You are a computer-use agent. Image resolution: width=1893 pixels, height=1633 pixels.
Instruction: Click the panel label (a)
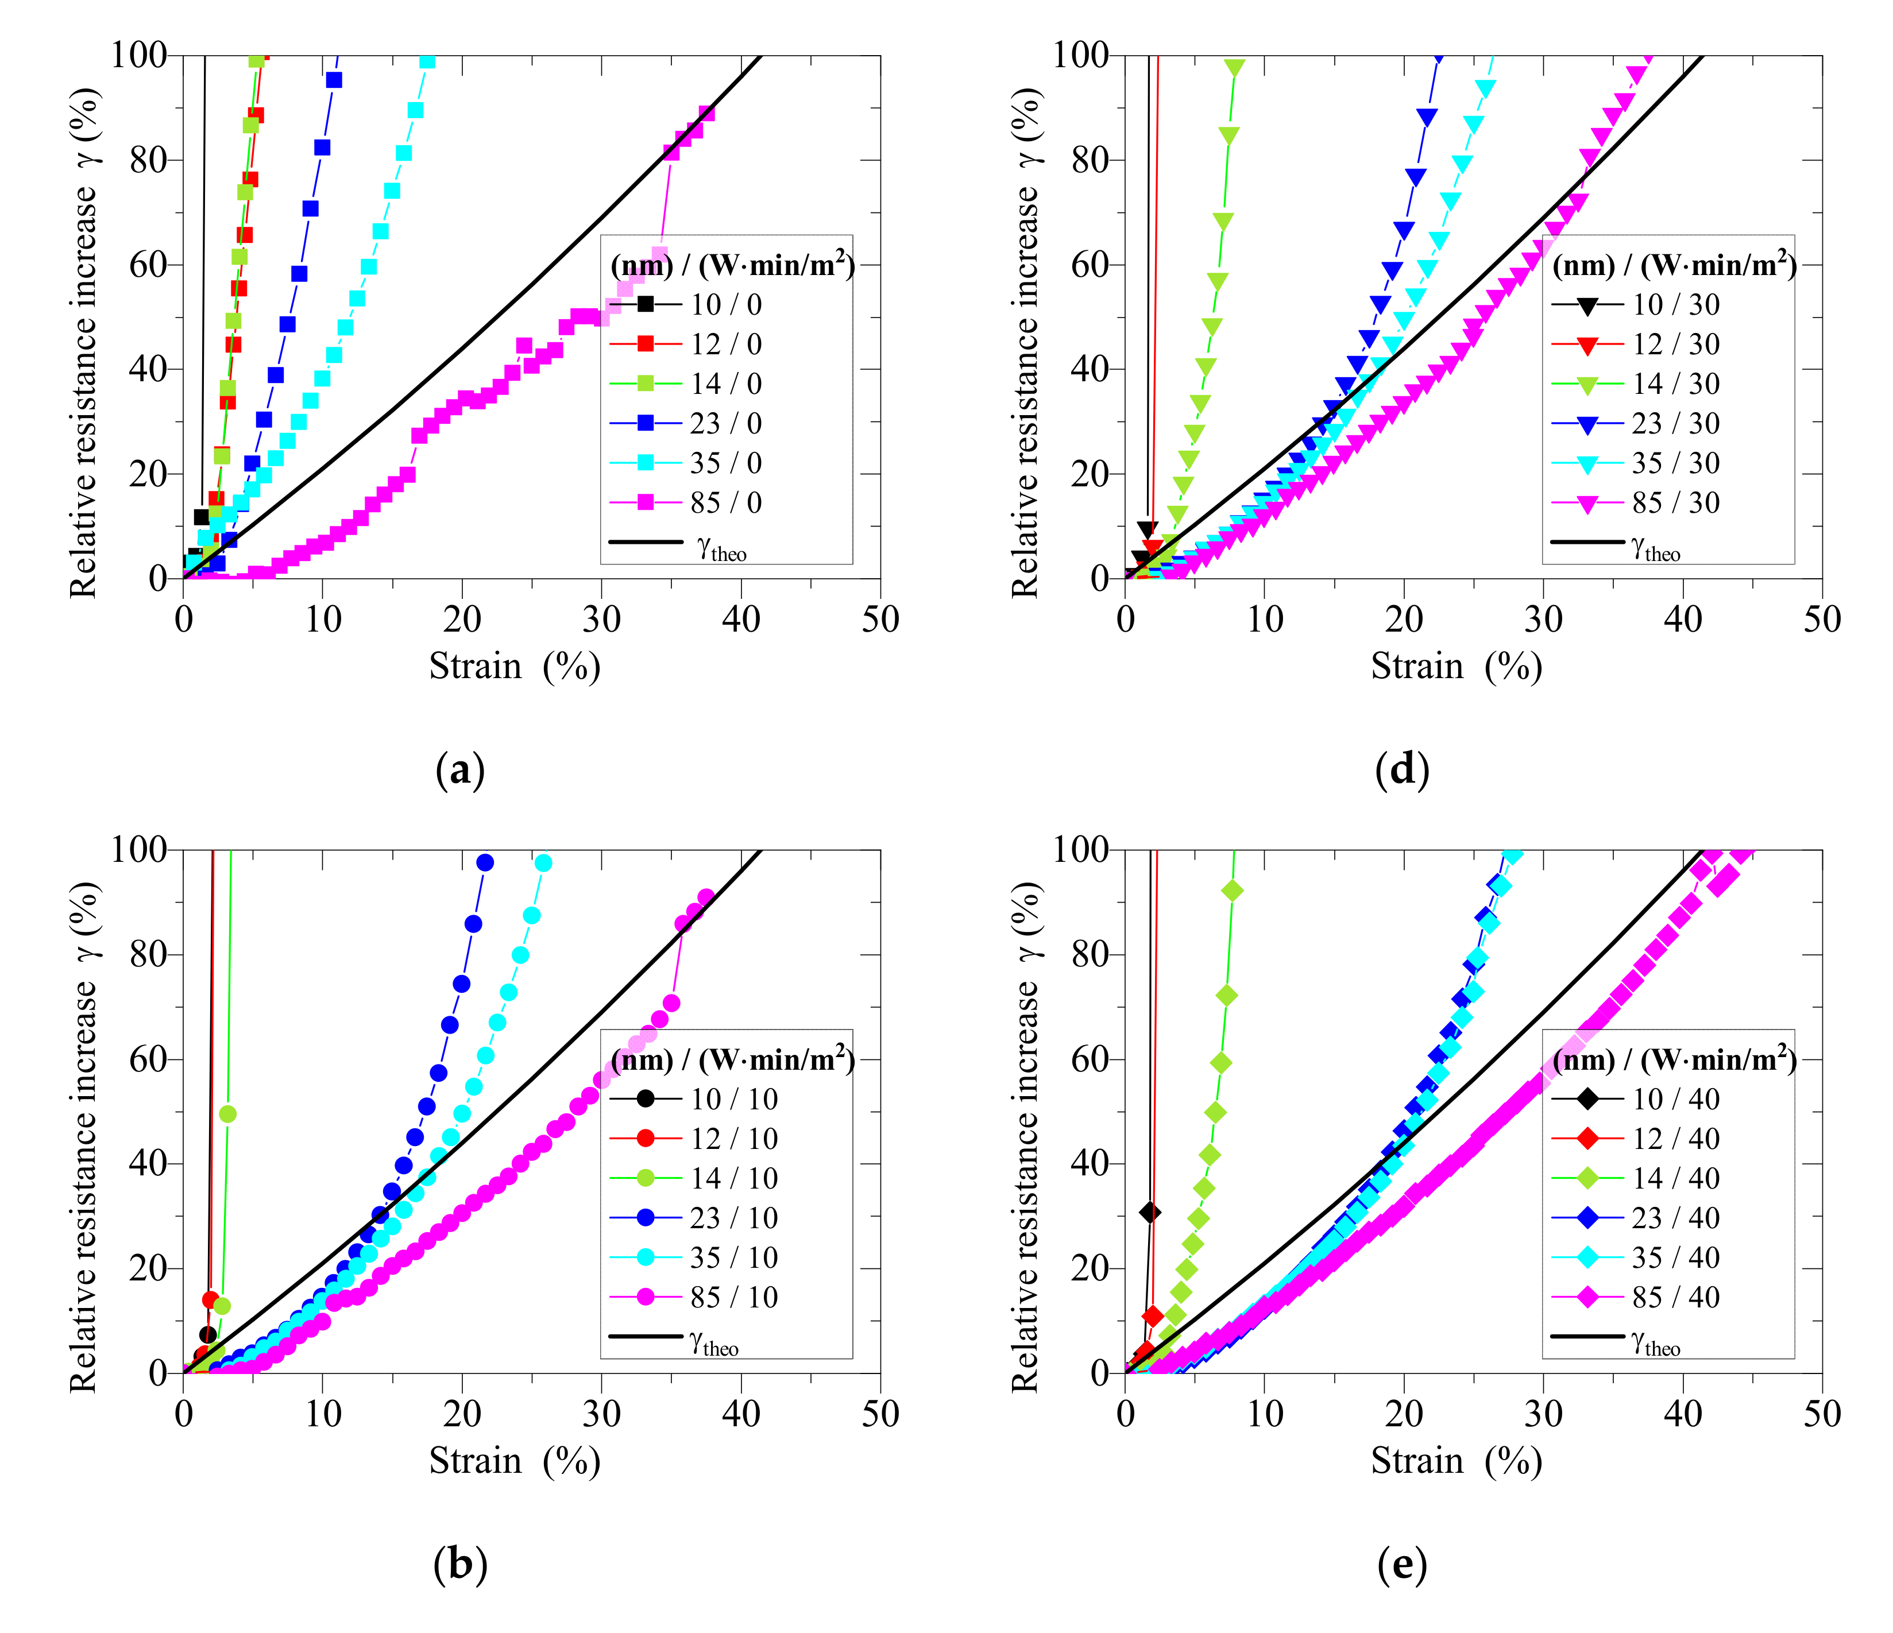point(461,770)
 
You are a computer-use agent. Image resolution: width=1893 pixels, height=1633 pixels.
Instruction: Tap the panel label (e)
point(1401,1565)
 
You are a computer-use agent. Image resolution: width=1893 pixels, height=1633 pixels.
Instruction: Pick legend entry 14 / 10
point(733,1178)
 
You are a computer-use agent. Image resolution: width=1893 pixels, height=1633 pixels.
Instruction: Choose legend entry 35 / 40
point(1675,1257)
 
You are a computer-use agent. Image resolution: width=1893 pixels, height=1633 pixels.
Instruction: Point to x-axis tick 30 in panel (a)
point(601,619)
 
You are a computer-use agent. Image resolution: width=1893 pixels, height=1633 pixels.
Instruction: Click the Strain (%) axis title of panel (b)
point(515,1461)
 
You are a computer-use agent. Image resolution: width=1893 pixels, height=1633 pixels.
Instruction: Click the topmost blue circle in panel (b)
point(485,862)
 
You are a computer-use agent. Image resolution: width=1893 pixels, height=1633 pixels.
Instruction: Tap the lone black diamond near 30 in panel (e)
point(1150,1212)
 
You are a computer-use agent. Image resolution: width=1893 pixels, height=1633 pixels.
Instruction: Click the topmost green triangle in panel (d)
point(1234,68)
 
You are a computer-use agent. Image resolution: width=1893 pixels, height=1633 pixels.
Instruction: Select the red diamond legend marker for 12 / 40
point(1588,1139)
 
